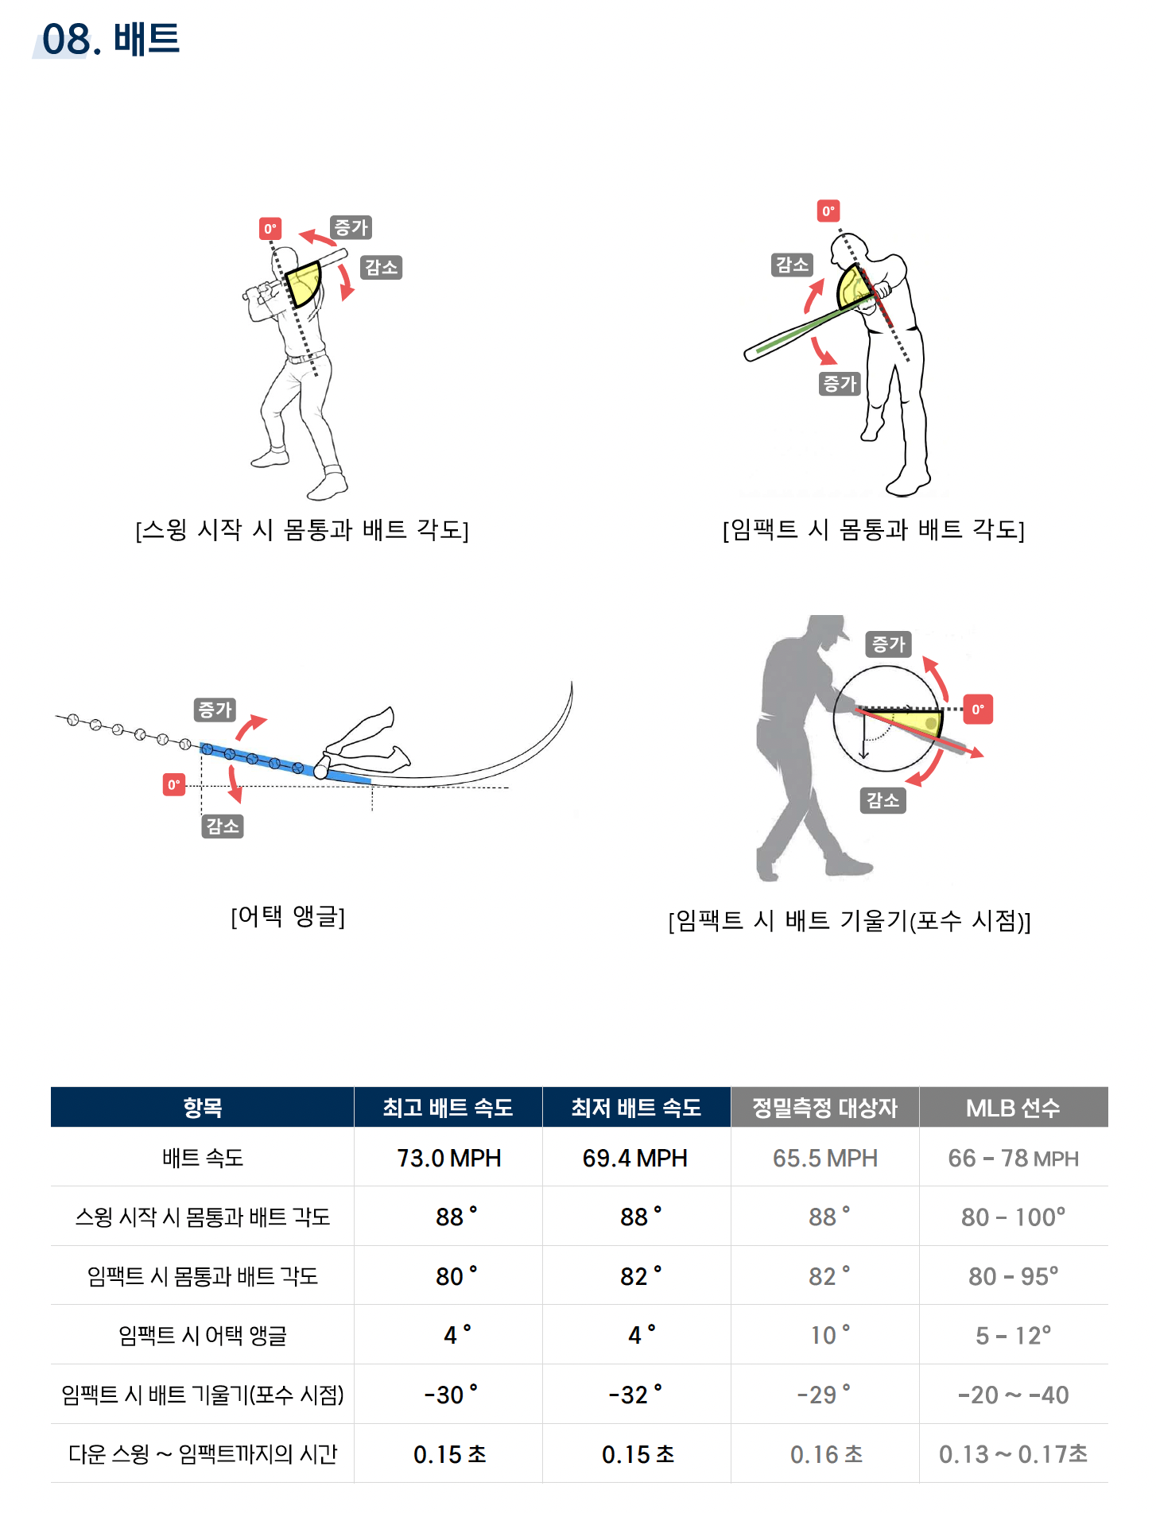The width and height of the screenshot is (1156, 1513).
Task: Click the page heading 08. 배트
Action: [111, 39]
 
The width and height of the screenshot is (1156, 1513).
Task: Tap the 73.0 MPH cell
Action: [448, 1158]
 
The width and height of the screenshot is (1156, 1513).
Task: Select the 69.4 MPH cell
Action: [634, 1158]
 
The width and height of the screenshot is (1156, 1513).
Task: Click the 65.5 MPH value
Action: [824, 1158]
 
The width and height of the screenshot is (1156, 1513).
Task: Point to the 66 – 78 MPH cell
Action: [1013, 1158]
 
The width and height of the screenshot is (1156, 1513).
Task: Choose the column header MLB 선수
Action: [1013, 1108]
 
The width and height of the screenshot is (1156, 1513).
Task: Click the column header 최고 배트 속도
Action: [448, 1108]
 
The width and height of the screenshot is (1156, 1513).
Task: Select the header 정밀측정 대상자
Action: [824, 1108]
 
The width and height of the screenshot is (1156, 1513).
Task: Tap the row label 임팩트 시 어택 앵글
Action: [203, 1335]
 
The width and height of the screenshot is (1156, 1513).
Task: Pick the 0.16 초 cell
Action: [825, 1454]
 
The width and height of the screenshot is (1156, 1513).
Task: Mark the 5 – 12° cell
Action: [1013, 1335]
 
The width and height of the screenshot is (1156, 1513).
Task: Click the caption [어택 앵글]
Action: [288, 916]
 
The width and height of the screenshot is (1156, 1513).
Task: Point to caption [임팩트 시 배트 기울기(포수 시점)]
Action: [849, 920]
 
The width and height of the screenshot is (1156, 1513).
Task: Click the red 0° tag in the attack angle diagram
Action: [174, 785]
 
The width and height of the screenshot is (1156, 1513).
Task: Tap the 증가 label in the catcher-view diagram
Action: [888, 644]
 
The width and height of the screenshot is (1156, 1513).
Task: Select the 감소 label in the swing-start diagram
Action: [381, 267]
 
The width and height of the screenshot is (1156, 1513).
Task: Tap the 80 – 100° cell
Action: [1013, 1217]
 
